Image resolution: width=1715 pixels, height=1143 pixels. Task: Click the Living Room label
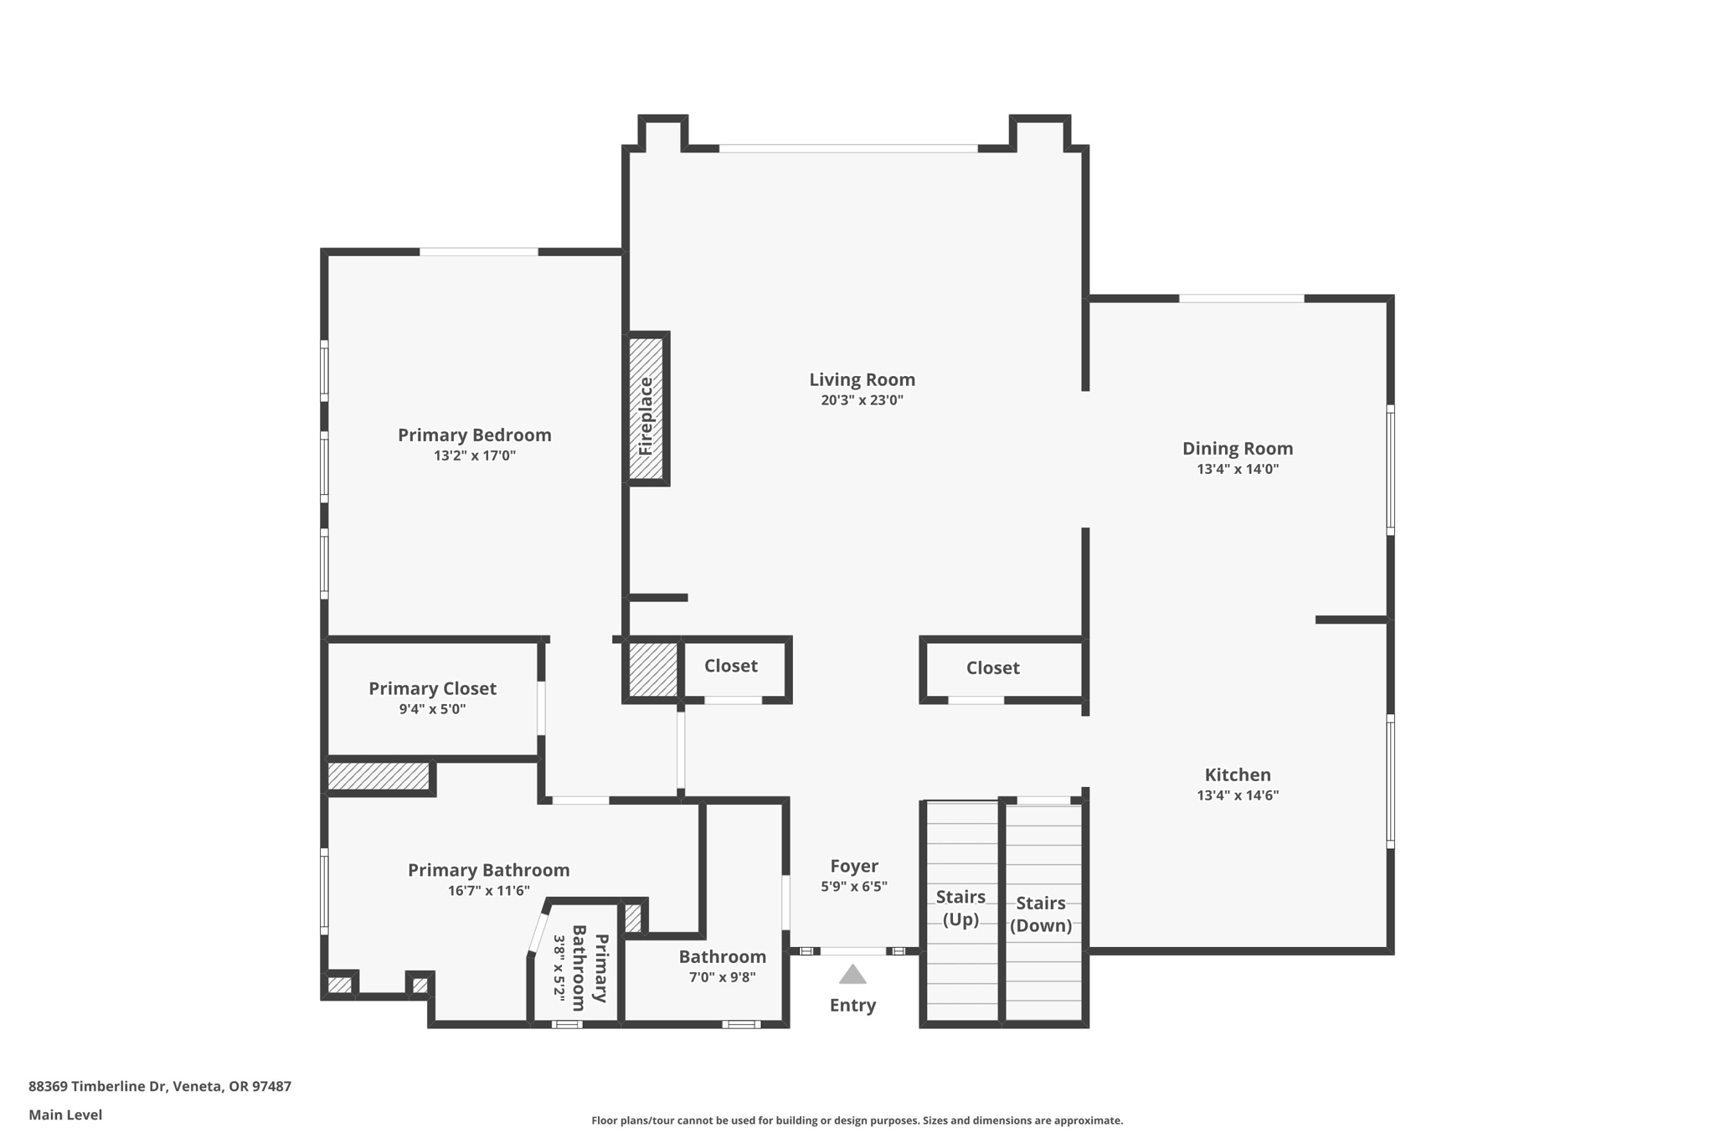click(x=862, y=379)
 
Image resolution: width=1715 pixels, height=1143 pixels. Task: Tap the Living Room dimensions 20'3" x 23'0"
click(x=862, y=400)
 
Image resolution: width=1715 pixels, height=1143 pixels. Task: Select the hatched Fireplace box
click(x=646, y=409)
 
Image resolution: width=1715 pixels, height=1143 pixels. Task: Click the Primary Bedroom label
click(x=474, y=435)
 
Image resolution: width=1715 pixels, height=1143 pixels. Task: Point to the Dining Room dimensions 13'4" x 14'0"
click(x=1238, y=469)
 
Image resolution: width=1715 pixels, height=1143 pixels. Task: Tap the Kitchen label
click(x=1238, y=775)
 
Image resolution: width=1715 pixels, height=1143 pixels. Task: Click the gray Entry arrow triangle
click(x=852, y=974)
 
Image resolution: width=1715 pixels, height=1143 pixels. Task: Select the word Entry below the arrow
click(x=852, y=1006)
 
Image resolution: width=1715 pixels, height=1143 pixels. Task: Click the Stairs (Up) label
click(x=961, y=908)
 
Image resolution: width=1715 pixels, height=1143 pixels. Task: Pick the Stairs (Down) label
click(x=1041, y=914)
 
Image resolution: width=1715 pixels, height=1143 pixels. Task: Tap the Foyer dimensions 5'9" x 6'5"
click(x=853, y=887)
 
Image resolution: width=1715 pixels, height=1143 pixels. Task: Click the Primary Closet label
click(x=432, y=688)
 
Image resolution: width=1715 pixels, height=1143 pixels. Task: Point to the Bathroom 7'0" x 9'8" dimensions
click(x=723, y=977)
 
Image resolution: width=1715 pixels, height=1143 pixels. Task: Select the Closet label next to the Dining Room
click(x=992, y=668)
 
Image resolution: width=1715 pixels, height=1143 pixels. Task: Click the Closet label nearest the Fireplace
click(x=730, y=666)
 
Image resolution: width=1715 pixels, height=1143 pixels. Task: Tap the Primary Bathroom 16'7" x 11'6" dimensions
click(x=489, y=891)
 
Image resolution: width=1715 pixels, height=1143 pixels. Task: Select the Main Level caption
click(x=65, y=1115)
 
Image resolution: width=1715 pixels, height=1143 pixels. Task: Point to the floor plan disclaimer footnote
click(x=857, y=1120)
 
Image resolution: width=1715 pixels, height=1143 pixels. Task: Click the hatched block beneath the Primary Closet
click(x=379, y=775)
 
